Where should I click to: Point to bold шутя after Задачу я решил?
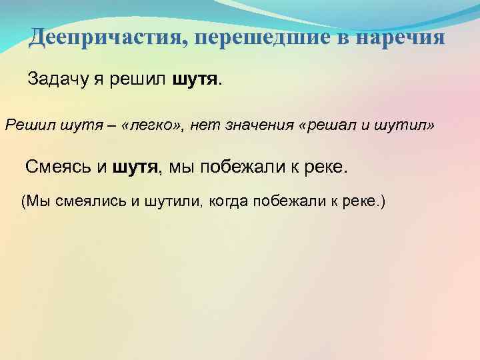tap(194, 80)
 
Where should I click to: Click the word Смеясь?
tap(59, 167)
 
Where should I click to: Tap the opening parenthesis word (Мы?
tap(35, 201)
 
